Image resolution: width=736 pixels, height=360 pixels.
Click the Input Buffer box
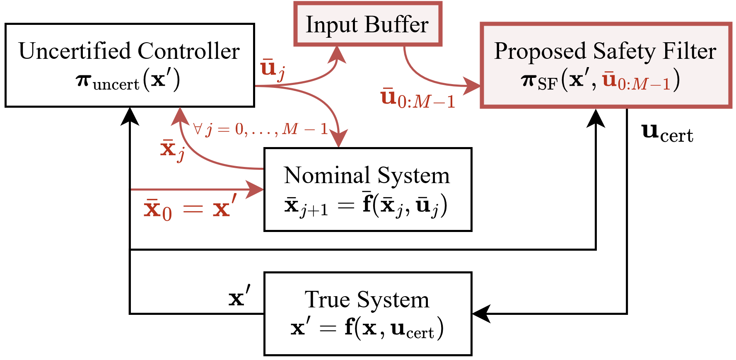coord(367,24)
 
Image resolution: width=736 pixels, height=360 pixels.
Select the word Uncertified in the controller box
coord(75,51)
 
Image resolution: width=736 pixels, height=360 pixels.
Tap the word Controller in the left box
coord(189,51)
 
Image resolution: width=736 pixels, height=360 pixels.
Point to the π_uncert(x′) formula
coord(128,80)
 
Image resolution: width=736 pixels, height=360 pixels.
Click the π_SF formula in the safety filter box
coord(601,80)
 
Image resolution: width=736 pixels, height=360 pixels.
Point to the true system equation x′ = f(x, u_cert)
coord(367,329)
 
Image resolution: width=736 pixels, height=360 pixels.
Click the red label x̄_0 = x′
coord(190,208)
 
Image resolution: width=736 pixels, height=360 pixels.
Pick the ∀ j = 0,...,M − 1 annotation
coord(261,129)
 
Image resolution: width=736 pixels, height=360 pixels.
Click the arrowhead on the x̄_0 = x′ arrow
coord(255,190)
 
